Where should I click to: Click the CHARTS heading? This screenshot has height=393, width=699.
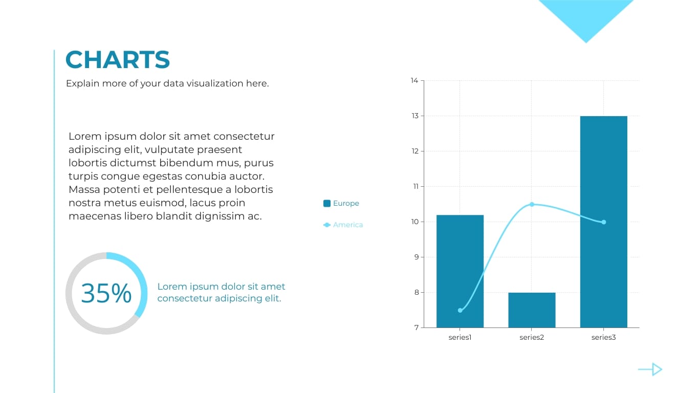[x=118, y=60]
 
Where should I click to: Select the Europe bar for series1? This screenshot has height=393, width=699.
[x=460, y=271]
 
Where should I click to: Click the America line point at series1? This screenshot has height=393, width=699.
[x=460, y=311]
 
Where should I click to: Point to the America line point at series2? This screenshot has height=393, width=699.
[x=532, y=204]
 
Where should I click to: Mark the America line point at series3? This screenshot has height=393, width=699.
[x=604, y=222]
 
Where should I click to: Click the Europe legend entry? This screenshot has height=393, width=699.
[x=341, y=203]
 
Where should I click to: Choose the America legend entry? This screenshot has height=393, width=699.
[x=343, y=225]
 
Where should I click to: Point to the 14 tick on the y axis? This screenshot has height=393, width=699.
[x=414, y=80]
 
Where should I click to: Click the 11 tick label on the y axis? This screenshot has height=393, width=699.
[x=415, y=186]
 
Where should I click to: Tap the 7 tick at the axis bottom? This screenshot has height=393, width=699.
[x=416, y=327]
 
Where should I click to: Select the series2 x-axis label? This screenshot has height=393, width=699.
[x=532, y=338]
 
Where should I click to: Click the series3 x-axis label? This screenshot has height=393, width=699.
[x=603, y=338]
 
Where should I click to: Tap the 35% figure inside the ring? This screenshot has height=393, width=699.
[x=106, y=293]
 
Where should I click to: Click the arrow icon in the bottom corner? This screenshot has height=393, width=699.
[x=650, y=369]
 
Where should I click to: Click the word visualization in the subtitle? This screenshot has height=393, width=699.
[x=215, y=83]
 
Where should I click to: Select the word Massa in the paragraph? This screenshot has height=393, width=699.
[x=83, y=189]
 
